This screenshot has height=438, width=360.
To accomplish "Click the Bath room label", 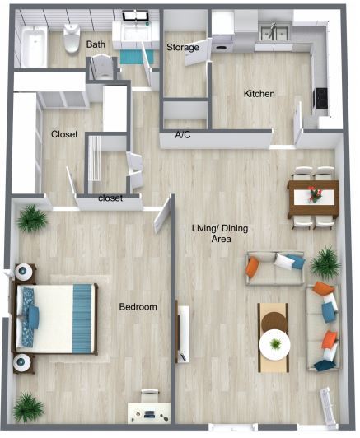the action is coord(96,44).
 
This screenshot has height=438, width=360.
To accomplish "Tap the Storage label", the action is coord(183,47).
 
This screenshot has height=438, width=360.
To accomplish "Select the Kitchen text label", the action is coord(259,94).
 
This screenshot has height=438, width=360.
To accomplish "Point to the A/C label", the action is coord(183,135).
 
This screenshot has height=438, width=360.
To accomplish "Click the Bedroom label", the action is coord(138,307).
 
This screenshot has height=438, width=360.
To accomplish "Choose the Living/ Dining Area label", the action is coord(220,234).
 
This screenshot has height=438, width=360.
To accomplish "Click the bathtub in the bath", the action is coord(34,46).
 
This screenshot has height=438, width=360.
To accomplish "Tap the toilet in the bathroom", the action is coord(72,38).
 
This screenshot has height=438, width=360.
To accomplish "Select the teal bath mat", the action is coord(137,57).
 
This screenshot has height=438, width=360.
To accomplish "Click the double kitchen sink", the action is coord(274,31).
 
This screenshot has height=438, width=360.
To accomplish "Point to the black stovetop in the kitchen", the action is coord(321,98).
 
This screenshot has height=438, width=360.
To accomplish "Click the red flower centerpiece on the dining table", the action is coord(315,194).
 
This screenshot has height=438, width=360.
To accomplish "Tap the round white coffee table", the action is coord(274,345).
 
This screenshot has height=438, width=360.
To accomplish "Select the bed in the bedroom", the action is coord(54,319).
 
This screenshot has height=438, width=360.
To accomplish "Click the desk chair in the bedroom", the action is coord(150,395).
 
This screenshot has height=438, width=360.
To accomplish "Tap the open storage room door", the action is coord(197,52).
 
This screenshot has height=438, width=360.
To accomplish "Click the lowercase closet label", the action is coord(110,198).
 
